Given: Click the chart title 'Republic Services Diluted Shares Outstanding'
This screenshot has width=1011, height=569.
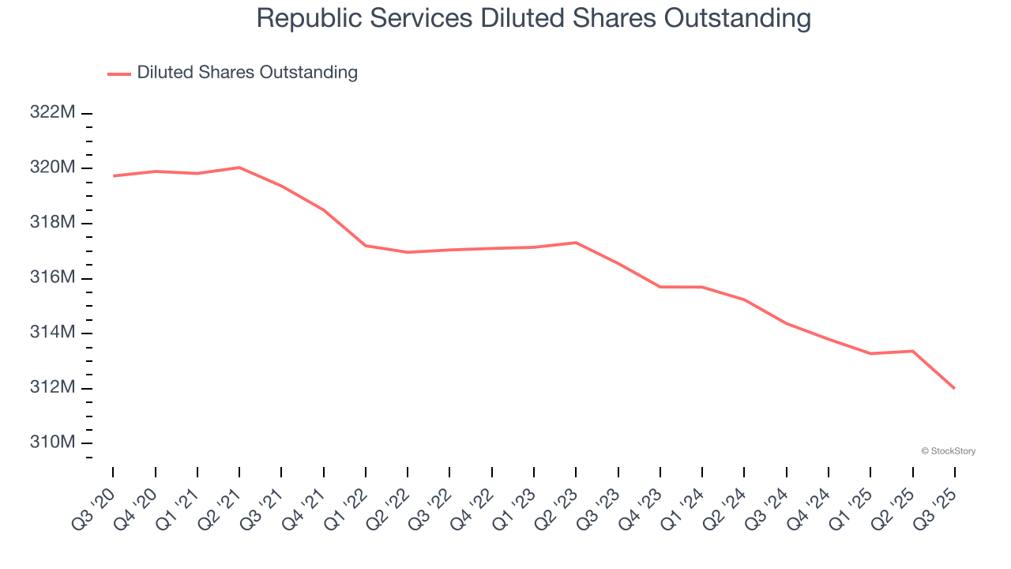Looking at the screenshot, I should point(533,18).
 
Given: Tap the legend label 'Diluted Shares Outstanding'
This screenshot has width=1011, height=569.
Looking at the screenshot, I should point(247,73).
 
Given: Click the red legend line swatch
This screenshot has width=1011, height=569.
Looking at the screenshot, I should point(119,73).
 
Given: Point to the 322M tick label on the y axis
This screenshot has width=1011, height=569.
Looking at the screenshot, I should point(52,113).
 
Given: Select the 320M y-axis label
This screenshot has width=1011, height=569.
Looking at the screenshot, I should point(52,168).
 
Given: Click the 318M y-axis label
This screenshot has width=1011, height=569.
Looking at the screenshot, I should point(52,223).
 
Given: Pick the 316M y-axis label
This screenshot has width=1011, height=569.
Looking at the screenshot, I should point(52,278).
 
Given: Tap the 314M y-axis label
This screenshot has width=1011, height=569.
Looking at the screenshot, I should point(52,333).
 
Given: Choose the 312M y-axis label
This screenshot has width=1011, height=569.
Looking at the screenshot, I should point(52,388).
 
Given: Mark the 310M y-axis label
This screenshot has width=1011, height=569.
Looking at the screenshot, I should point(52,443).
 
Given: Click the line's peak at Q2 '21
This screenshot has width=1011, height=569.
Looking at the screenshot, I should point(239,168).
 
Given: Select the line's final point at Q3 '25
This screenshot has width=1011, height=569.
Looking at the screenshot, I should point(954,388).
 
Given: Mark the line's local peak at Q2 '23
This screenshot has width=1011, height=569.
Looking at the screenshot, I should point(576,243).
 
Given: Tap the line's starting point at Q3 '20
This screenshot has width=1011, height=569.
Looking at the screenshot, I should point(113,175).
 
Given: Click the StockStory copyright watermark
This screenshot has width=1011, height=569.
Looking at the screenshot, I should point(948,451).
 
